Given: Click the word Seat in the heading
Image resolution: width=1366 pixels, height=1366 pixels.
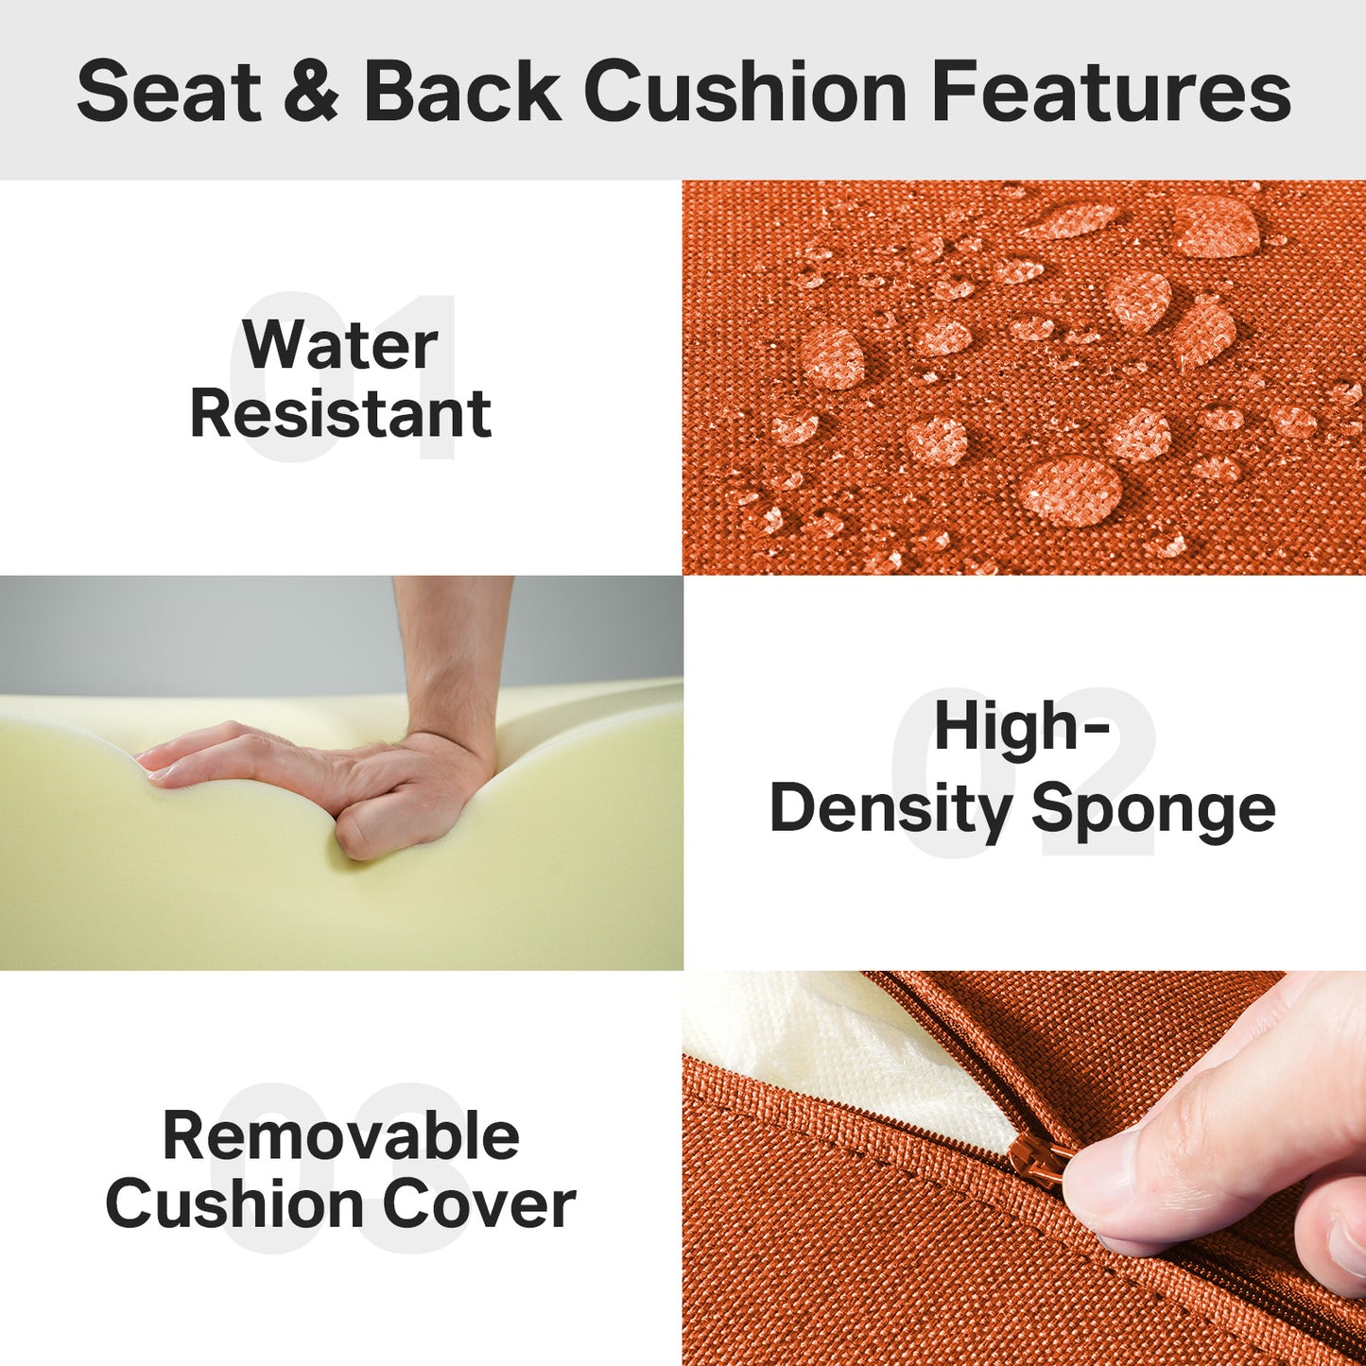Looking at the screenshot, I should click(168, 92).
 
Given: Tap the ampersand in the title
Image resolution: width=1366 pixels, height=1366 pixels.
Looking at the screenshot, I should click(310, 92).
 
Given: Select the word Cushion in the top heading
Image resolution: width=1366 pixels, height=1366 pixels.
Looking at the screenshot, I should click(746, 92).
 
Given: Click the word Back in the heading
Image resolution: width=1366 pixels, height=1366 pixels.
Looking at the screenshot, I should click(462, 92).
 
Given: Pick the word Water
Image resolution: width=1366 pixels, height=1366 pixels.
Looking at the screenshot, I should click(339, 345).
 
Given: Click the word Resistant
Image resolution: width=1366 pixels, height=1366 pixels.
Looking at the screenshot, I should click(340, 414).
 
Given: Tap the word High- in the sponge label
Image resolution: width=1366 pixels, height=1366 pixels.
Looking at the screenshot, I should click(1021, 727).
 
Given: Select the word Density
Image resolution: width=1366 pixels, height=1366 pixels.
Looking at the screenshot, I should click(890, 810).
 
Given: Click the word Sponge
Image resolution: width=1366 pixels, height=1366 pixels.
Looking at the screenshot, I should click(1152, 810).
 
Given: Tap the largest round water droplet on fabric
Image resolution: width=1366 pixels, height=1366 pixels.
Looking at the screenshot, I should click(1071, 489).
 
